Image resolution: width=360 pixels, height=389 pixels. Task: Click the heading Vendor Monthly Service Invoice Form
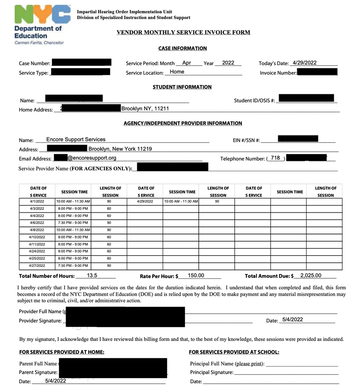[x=183, y=33]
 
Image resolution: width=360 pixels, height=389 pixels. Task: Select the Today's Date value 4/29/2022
[x=305, y=63]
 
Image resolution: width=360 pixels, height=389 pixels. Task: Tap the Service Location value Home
[x=177, y=72]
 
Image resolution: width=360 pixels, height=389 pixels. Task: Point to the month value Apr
[x=187, y=63]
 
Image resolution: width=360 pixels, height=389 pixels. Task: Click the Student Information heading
[x=182, y=87]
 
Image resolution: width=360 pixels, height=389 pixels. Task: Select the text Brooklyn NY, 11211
[x=145, y=109]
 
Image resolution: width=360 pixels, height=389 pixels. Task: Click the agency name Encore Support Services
[x=76, y=140]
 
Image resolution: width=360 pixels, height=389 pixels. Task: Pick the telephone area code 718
[x=275, y=158]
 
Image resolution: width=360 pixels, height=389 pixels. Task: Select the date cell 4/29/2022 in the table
[x=145, y=201]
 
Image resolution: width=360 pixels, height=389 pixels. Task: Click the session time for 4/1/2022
[x=73, y=201]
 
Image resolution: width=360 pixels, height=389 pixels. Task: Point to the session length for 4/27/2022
[x=109, y=266]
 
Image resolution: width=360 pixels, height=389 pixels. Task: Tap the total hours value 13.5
[x=92, y=275]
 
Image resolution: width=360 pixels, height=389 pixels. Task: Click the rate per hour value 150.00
[x=196, y=275]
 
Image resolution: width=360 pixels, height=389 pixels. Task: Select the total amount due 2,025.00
[x=311, y=275]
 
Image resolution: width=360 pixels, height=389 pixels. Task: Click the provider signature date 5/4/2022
[x=292, y=320]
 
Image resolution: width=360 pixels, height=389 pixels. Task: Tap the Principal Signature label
[x=212, y=372]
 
